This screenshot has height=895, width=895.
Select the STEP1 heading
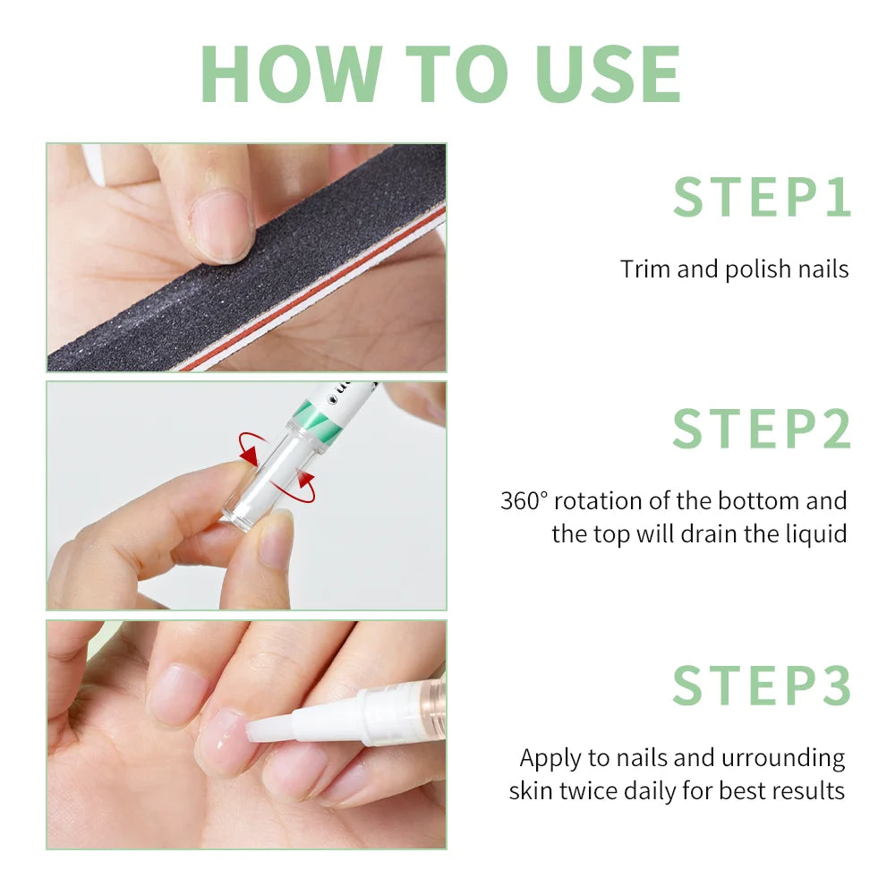(762, 198)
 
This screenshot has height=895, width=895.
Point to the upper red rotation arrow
(254, 447)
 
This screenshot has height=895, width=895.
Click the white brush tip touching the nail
(268, 727)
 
